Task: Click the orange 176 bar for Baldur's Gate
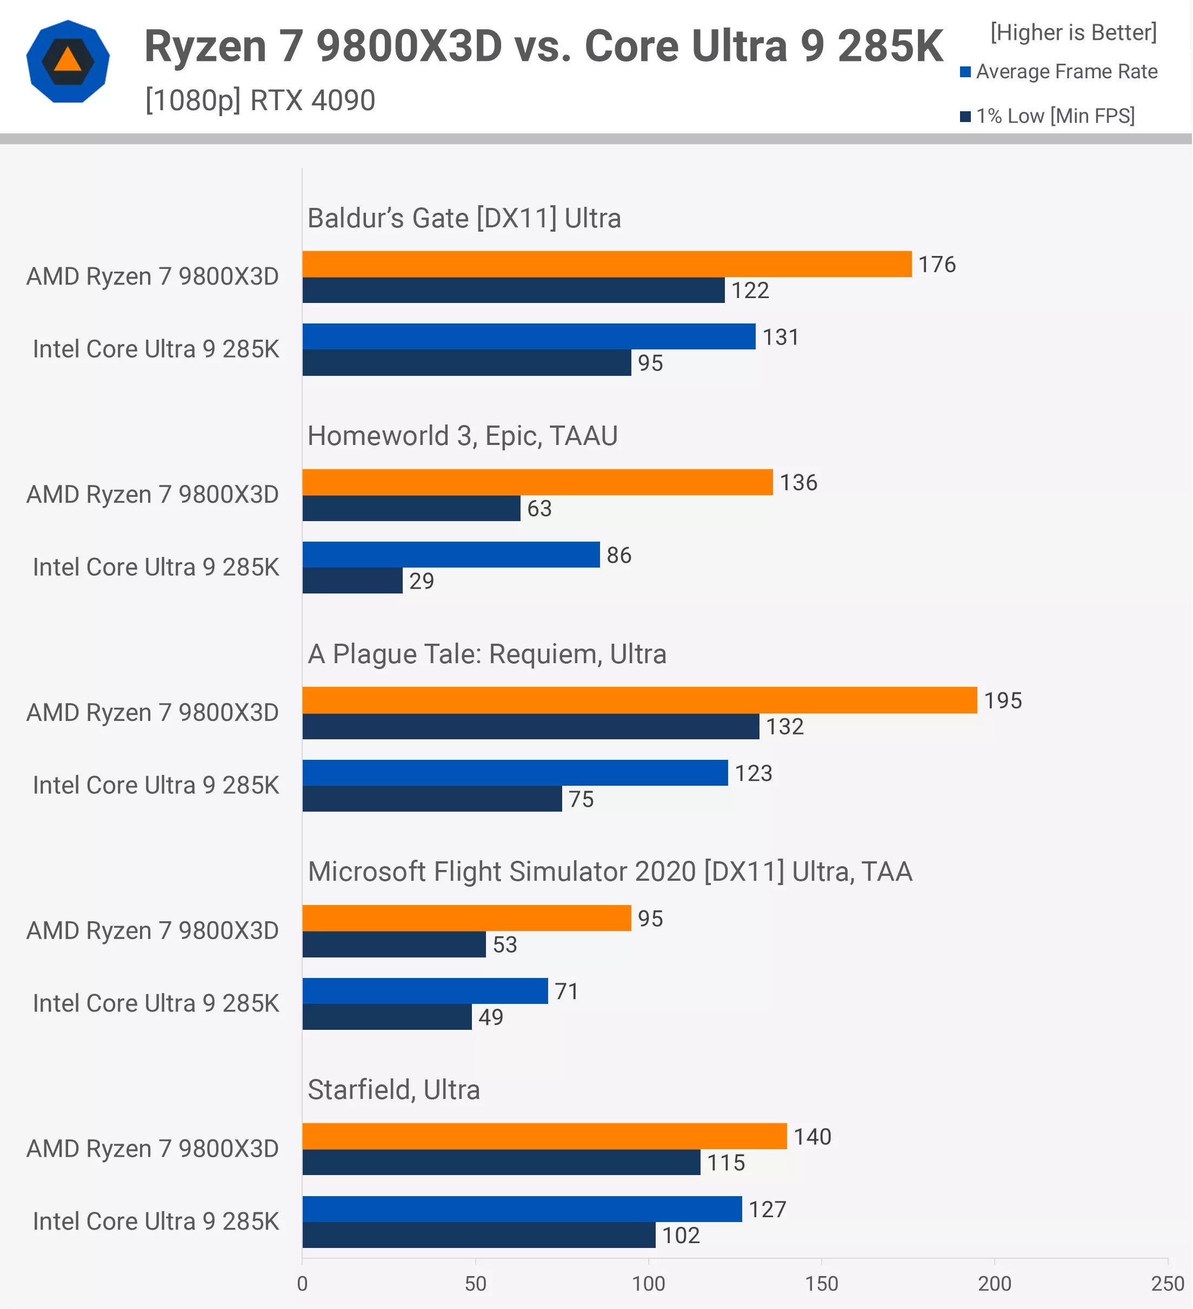coord(607,264)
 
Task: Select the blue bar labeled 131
coord(529,336)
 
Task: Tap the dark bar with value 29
coord(352,581)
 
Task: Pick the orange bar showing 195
coord(639,700)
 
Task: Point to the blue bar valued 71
coord(425,991)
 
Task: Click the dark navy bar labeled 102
coord(479,1235)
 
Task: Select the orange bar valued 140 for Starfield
coord(544,1136)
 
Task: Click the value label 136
coord(798,482)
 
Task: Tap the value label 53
coord(505,944)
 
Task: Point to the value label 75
coord(581,799)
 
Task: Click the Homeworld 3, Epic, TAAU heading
coord(462,436)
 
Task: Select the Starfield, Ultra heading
coord(394,1090)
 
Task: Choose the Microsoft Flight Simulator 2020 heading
coord(610,872)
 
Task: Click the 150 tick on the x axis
coord(821,1284)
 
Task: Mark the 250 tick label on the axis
coord(1167,1284)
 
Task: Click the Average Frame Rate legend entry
coord(1059,71)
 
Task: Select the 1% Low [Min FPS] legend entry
coord(1048,116)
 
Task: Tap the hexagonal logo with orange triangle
coord(68,62)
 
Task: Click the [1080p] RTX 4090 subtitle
coord(260,100)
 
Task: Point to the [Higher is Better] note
coord(1074,32)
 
